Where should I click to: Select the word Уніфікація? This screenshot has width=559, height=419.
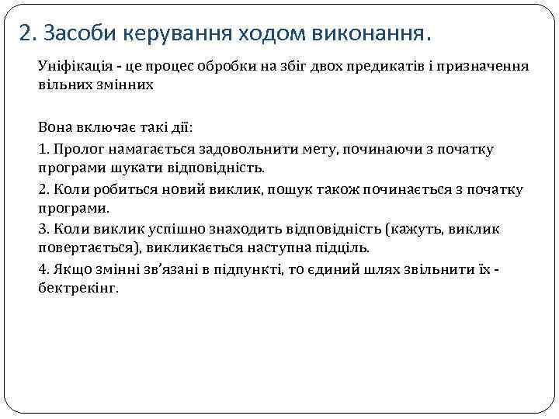[x=71, y=67]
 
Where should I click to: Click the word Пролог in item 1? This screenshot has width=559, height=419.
[x=71, y=148]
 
